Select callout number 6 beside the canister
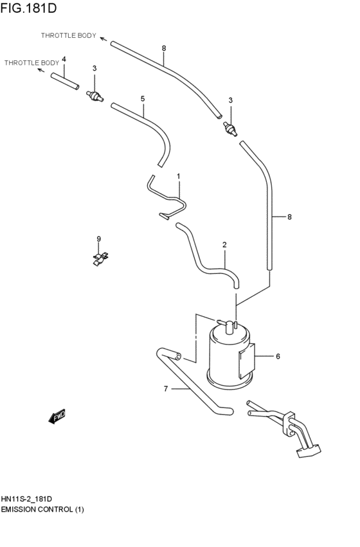pyautogui.click(x=278, y=355)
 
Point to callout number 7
pyautogui.click(x=165, y=388)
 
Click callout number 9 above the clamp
pyautogui.click(x=99, y=239)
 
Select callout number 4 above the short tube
pyautogui.click(x=64, y=59)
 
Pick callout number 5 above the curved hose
pyautogui.click(x=143, y=99)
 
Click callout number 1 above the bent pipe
pyautogui.click(x=179, y=175)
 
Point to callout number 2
pyautogui.click(x=224, y=244)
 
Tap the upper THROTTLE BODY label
pyautogui.click(x=69, y=36)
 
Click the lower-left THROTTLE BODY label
pyautogui.click(x=32, y=62)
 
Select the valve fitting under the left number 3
pyautogui.click(x=95, y=95)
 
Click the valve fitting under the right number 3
pyautogui.click(x=230, y=129)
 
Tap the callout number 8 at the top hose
pyautogui.click(x=164, y=48)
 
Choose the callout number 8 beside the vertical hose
pyautogui.click(x=289, y=217)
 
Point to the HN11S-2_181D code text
pyautogui.click(x=26, y=499)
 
